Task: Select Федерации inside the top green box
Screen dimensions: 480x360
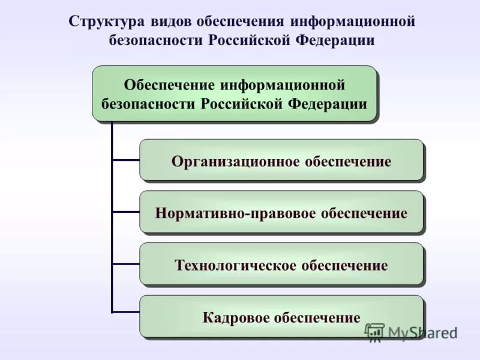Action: [x=328, y=103]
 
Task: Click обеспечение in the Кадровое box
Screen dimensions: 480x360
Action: [x=317, y=317]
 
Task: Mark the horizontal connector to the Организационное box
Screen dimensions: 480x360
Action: [x=126, y=160]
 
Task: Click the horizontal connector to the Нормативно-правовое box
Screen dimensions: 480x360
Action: [x=126, y=212]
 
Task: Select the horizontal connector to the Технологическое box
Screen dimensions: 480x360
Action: [x=126, y=264]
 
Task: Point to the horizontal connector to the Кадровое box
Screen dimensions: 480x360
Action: [x=126, y=311]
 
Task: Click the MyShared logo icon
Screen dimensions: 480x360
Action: [x=374, y=332]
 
